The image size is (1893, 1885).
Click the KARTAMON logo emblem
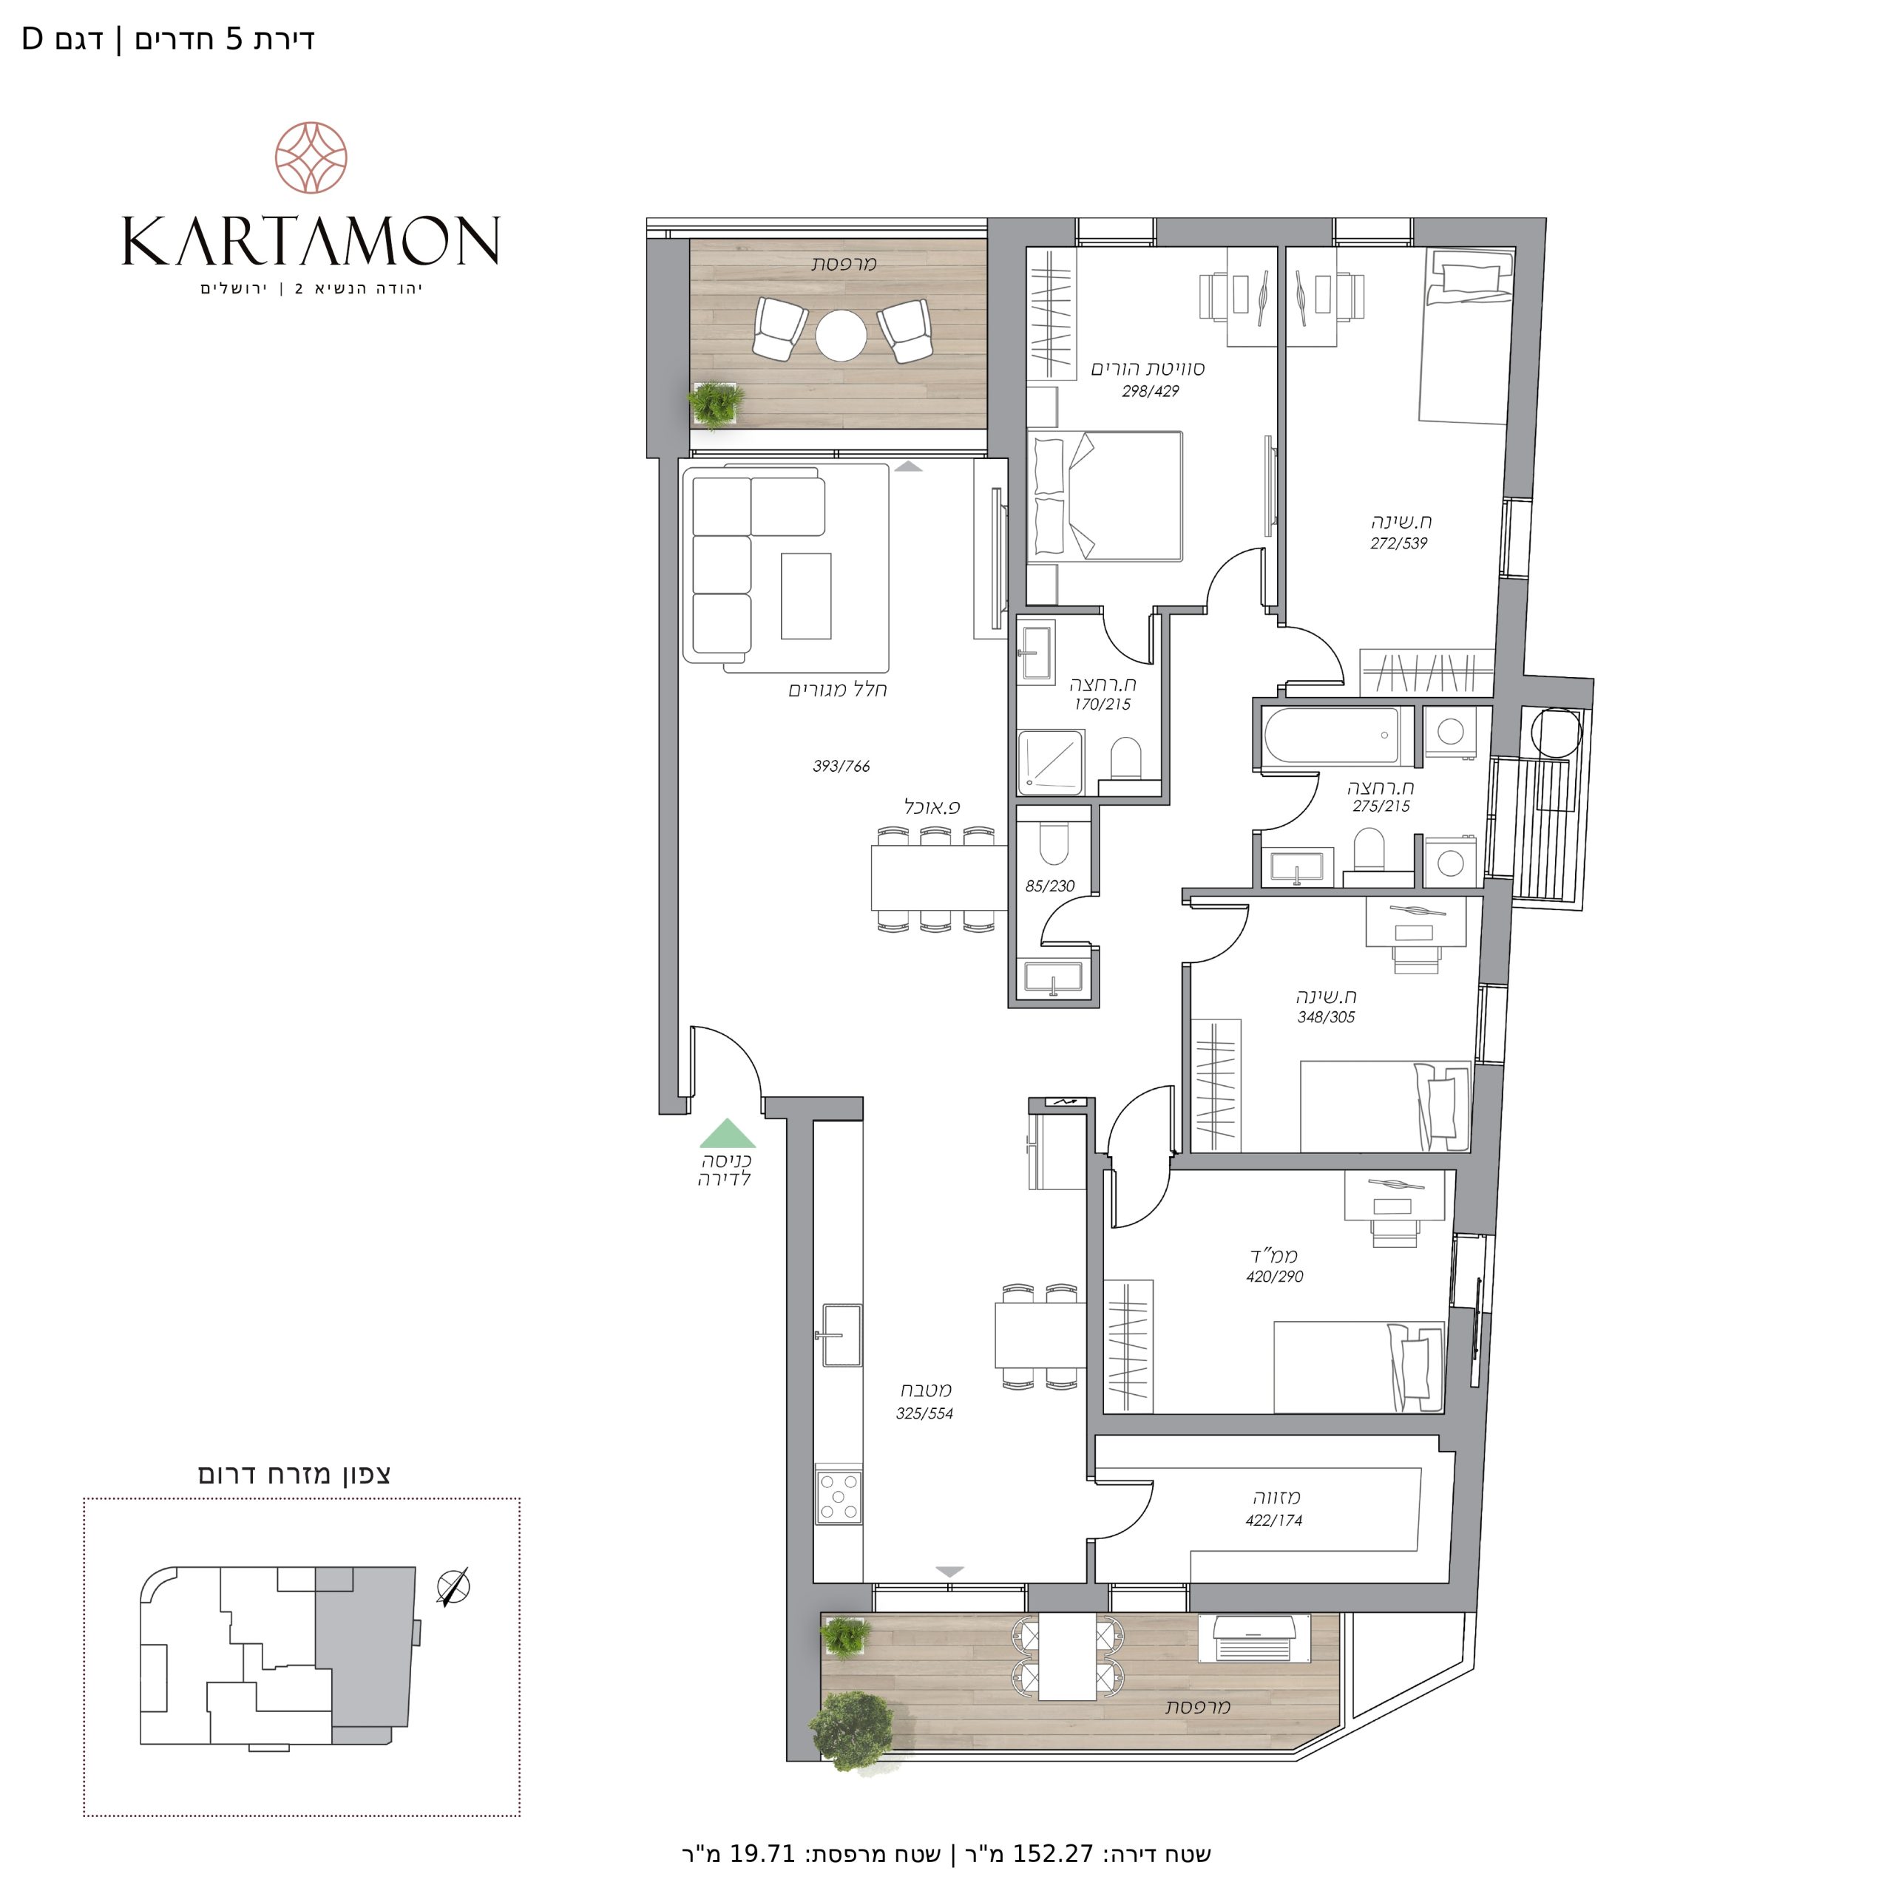pyautogui.click(x=311, y=157)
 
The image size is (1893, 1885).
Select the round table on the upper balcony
pyautogui.click(x=841, y=336)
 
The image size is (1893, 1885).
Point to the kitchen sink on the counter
pyautogui.click(x=841, y=1334)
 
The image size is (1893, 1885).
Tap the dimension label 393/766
pyautogui.click(x=841, y=766)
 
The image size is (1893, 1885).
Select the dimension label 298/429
pyautogui.click(x=1151, y=391)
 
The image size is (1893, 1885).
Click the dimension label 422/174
pyautogui.click(x=1273, y=1521)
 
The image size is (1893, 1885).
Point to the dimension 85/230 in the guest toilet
pyautogui.click(x=1049, y=886)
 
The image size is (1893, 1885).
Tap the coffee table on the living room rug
pyautogui.click(x=805, y=596)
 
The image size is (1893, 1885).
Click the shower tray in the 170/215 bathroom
pyautogui.click(x=1052, y=762)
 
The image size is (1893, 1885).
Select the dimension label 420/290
pyautogui.click(x=1274, y=1277)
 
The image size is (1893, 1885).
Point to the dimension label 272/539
pyautogui.click(x=1398, y=543)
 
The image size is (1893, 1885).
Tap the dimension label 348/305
pyautogui.click(x=1326, y=1017)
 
